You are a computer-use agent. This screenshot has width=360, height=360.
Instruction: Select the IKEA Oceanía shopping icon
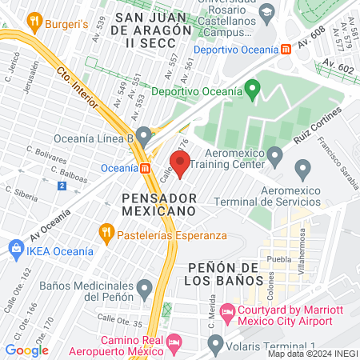click(x=15, y=250)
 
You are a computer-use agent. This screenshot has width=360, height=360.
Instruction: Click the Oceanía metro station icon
click(x=145, y=168)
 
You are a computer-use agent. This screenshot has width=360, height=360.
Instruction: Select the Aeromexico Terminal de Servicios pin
click(x=302, y=170)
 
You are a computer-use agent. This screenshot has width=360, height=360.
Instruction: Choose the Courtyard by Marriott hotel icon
click(x=228, y=310)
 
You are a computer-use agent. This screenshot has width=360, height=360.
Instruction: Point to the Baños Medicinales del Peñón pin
click(x=144, y=287)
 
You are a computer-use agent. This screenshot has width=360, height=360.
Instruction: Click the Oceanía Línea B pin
click(x=143, y=135)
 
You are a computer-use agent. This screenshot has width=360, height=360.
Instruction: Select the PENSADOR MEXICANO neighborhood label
click(x=158, y=203)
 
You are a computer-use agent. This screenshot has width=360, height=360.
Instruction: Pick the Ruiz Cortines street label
click(x=317, y=126)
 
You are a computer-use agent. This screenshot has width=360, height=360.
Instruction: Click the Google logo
click(x=26, y=350)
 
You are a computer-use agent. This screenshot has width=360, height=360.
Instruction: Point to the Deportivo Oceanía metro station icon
click(x=286, y=49)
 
